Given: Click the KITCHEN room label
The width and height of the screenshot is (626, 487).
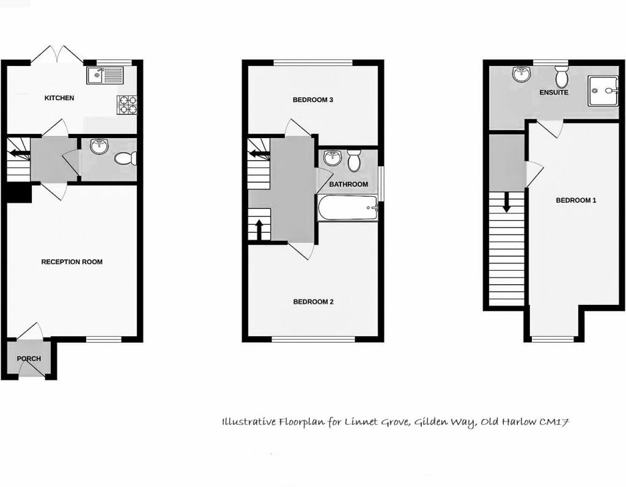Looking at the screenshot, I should (x=59, y=98).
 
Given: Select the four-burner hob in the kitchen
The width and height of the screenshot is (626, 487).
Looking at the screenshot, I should (x=127, y=105).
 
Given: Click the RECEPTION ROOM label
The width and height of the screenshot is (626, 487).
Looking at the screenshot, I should (x=72, y=262).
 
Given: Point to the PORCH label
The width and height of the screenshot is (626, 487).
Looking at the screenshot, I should (x=29, y=359).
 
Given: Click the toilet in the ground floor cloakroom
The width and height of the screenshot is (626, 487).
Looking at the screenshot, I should (x=125, y=158).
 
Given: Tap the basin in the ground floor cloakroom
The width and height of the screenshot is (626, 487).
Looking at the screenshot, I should (x=98, y=147).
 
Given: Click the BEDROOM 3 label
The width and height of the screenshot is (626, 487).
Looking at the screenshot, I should (x=312, y=100).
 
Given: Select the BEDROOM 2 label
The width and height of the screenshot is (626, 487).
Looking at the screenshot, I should (x=313, y=301).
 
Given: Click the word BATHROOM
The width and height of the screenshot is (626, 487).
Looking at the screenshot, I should (x=348, y=184).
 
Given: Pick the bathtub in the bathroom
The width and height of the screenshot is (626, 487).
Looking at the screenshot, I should (x=348, y=208).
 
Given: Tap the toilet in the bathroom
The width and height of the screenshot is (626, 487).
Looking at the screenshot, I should (x=353, y=161).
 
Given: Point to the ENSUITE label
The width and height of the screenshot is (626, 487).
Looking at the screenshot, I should (x=554, y=92).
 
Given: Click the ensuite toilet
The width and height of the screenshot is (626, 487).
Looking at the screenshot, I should (x=562, y=77).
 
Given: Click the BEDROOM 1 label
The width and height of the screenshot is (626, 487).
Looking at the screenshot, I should (x=576, y=200).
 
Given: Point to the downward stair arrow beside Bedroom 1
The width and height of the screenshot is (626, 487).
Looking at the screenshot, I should (x=506, y=202).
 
